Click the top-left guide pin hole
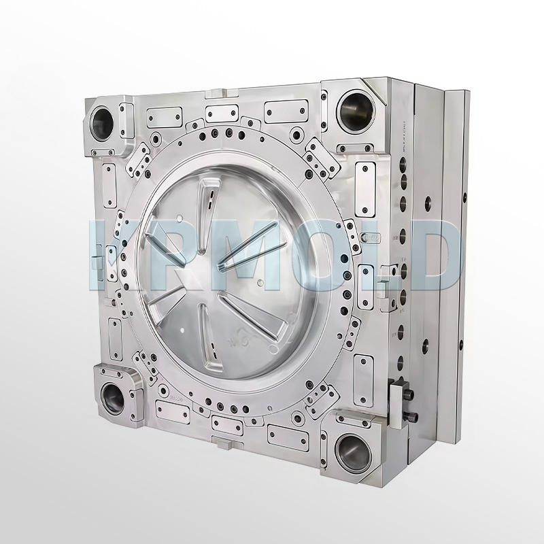click(103, 122)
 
